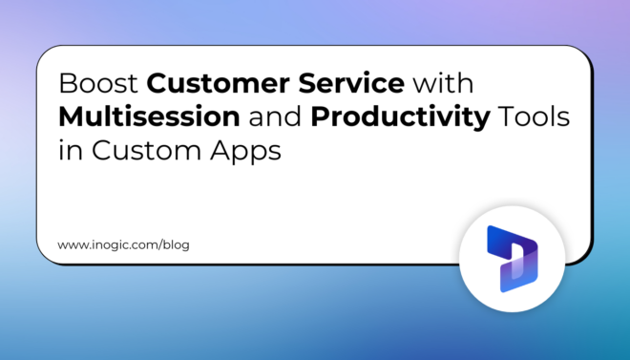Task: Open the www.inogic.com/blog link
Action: (123, 244)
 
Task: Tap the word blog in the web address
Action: (176, 244)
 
